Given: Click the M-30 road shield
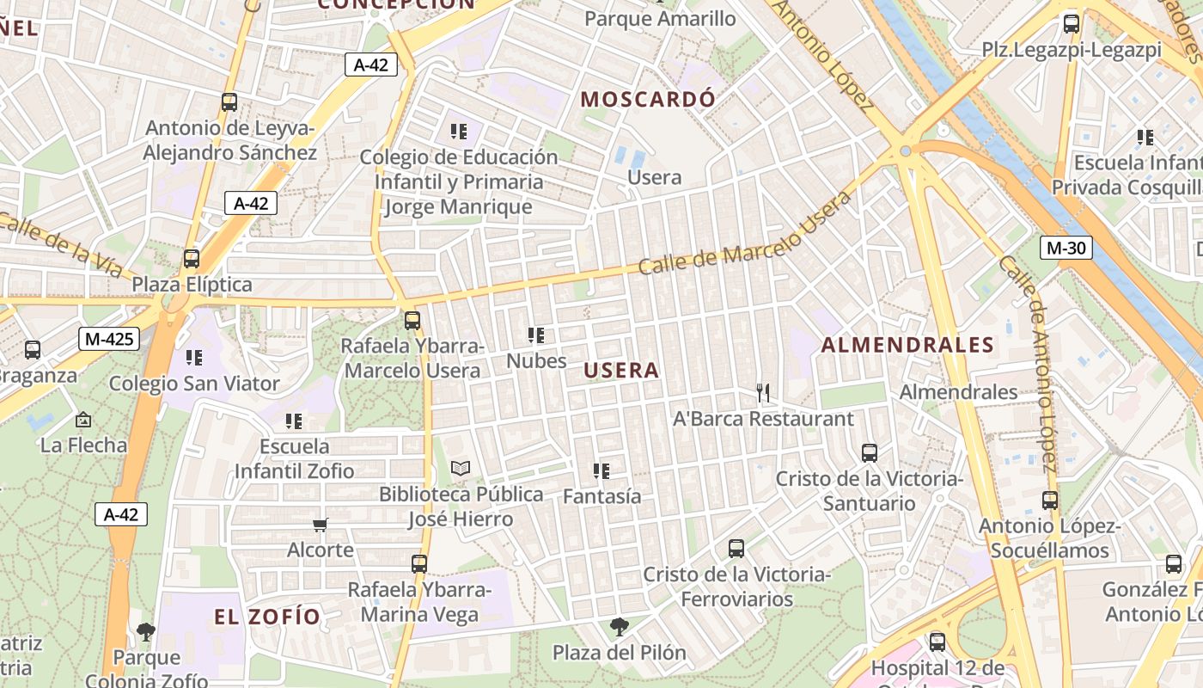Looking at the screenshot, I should pyautogui.click(x=1067, y=249).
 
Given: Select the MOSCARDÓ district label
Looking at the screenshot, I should pyautogui.click(x=648, y=99).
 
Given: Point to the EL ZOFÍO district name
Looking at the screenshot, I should pyautogui.click(x=267, y=617).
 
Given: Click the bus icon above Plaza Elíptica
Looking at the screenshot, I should pyautogui.click(x=192, y=258).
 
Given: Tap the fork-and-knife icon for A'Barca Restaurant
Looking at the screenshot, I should pyautogui.click(x=763, y=393).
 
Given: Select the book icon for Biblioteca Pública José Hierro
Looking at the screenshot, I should pyautogui.click(x=461, y=469).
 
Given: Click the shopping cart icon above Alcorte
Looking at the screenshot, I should pyautogui.click(x=321, y=525).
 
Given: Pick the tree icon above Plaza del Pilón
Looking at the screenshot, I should pyautogui.click(x=619, y=627).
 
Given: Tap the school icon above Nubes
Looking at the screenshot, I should pyautogui.click(x=536, y=335).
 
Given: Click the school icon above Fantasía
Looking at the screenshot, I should pyautogui.click(x=601, y=471).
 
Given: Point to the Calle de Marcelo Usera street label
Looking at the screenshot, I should pyautogui.click(x=744, y=234).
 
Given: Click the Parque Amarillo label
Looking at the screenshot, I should pyautogui.click(x=660, y=18).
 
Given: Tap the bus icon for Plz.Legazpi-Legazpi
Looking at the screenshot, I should pyautogui.click(x=1072, y=24).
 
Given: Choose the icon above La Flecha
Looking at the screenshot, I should pyautogui.click(x=83, y=420).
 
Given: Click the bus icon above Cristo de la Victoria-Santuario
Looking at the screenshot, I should pyautogui.click(x=870, y=452).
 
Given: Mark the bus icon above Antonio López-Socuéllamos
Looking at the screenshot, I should pyautogui.click(x=1049, y=500).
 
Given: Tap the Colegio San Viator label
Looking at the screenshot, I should pyautogui.click(x=194, y=384).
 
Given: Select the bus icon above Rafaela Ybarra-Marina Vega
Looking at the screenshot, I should pyautogui.click(x=419, y=564).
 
